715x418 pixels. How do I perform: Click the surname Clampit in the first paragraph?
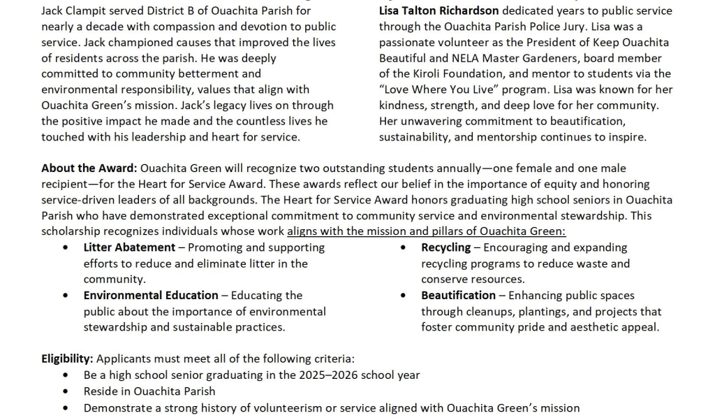click(90, 11)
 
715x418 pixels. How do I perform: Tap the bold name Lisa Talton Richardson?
click(438, 11)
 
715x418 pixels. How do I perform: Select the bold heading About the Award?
click(89, 168)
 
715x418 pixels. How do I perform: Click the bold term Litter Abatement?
click(129, 247)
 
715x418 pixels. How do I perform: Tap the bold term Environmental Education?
click(151, 296)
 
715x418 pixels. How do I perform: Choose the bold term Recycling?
click(445, 247)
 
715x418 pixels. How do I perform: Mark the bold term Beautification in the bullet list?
click(458, 296)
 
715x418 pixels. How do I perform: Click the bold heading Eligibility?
click(67, 359)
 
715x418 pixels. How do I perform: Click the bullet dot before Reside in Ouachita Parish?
click(66, 391)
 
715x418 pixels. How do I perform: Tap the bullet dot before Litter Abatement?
click(66, 247)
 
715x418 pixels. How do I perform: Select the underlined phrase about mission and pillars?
click(426, 231)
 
